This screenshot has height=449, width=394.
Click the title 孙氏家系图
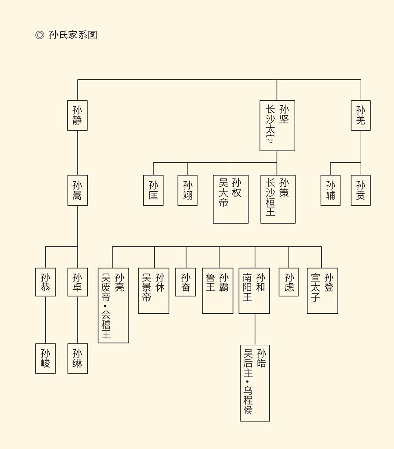[x=73, y=35]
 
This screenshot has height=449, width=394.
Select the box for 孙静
[x=77, y=115]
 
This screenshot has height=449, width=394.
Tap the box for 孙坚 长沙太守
[x=277, y=125]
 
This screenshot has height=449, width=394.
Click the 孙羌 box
[x=361, y=115]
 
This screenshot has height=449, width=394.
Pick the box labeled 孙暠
[x=77, y=190]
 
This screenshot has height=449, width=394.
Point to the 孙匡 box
[x=153, y=190]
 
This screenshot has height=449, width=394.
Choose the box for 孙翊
[x=188, y=190]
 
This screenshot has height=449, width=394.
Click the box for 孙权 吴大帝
[x=230, y=199]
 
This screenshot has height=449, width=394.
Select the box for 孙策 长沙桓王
[x=278, y=199]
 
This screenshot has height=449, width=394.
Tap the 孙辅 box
[x=330, y=190]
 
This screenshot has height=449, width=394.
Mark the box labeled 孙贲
[x=361, y=190]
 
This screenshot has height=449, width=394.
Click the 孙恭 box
[x=45, y=282]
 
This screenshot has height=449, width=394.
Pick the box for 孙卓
[x=77, y=282]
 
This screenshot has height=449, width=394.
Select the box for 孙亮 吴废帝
[x=113, y=305]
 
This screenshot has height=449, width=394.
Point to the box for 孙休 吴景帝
[x=154, y=291]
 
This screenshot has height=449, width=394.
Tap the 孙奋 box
[x=186, y=282]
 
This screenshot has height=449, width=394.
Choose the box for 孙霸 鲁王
[x=218, y=291]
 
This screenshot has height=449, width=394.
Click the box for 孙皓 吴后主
[x=255, y=382]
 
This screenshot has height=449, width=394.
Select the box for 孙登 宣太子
[x=323, y=291]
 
